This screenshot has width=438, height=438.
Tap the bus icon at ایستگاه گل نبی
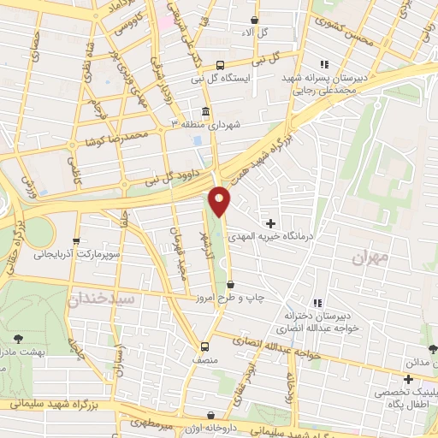220,65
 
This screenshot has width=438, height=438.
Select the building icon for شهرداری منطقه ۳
205,112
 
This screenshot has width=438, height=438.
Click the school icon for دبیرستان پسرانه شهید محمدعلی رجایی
323,64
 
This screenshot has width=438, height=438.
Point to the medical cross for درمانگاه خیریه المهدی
271,222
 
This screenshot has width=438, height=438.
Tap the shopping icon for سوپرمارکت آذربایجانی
77,241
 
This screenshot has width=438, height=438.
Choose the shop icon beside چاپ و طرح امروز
230,285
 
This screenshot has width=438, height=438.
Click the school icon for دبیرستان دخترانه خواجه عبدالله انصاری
317,303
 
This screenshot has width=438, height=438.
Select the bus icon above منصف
204,346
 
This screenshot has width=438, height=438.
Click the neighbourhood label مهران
370,256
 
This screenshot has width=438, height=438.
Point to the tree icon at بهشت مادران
19,339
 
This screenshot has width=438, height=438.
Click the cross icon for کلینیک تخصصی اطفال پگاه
409,378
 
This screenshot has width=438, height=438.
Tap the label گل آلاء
256,32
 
